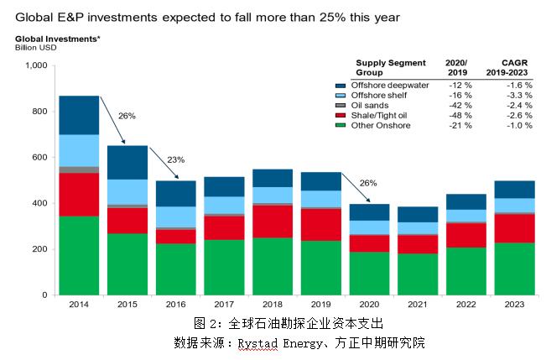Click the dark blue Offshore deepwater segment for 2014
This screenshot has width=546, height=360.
[80, 115]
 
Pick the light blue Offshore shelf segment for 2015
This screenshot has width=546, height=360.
[127, 191]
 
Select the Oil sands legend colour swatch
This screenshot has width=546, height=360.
[341, 105]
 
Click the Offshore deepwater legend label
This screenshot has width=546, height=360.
[391, 85]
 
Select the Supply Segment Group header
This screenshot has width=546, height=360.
[391, 68]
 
